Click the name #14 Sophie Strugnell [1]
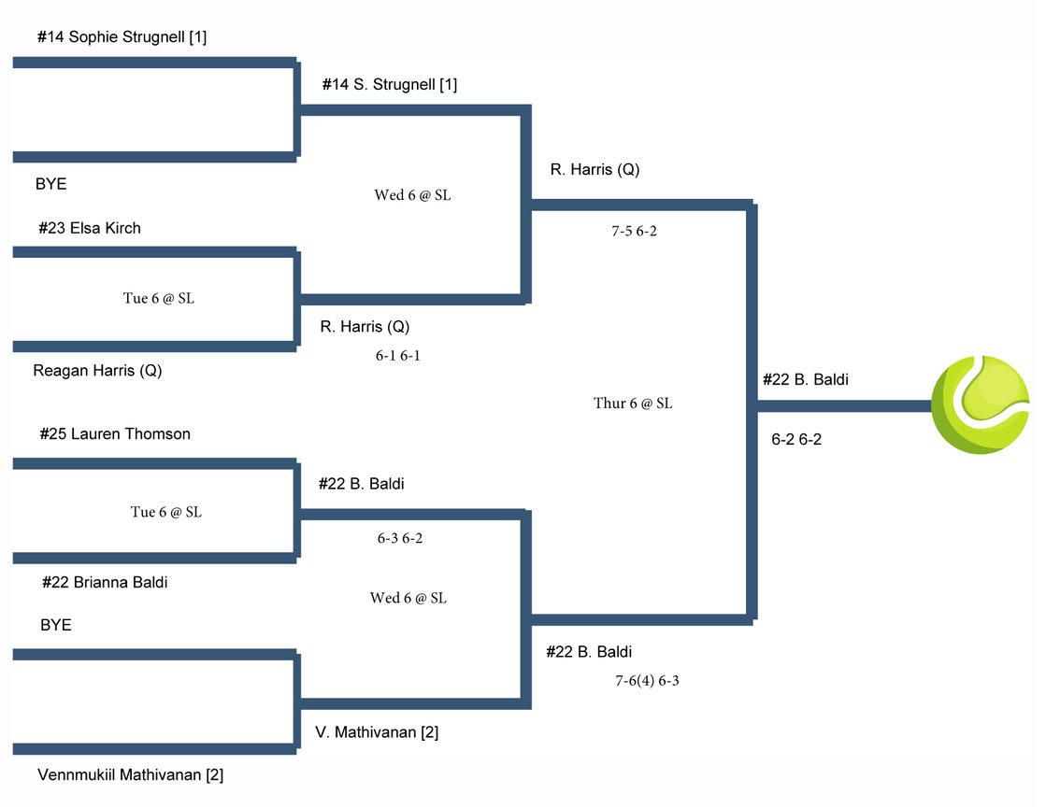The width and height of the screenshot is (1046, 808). tap(122, 37)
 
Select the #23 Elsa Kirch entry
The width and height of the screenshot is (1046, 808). tap(90, 228)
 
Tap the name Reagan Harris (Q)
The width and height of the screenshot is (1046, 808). tap(97, 370)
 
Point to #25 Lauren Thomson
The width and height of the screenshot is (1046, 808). tap(115, 433)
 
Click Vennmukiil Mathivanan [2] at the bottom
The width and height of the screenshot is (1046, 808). tap(130, 774)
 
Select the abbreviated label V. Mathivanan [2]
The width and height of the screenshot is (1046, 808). tap(377, 732)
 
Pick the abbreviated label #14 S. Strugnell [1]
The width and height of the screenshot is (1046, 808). tap(389, 84)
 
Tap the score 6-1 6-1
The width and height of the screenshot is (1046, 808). tap(397, 355)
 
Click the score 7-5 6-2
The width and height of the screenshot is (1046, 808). tap(634, 231)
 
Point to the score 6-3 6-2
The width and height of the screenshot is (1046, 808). tap(400, 538)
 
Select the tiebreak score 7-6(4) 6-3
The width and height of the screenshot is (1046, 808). tap(647, 680)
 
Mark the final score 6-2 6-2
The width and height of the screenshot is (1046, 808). tap(796, 439)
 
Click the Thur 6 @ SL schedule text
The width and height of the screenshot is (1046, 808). tap(633, 404)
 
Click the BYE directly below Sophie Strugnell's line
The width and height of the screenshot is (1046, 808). tap(50, 184)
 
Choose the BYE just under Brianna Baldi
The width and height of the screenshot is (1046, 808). tap(55, 625)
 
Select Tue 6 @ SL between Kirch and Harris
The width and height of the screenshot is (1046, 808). tap(159, 299)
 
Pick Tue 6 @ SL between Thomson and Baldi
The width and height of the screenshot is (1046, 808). tap(165, 512)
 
